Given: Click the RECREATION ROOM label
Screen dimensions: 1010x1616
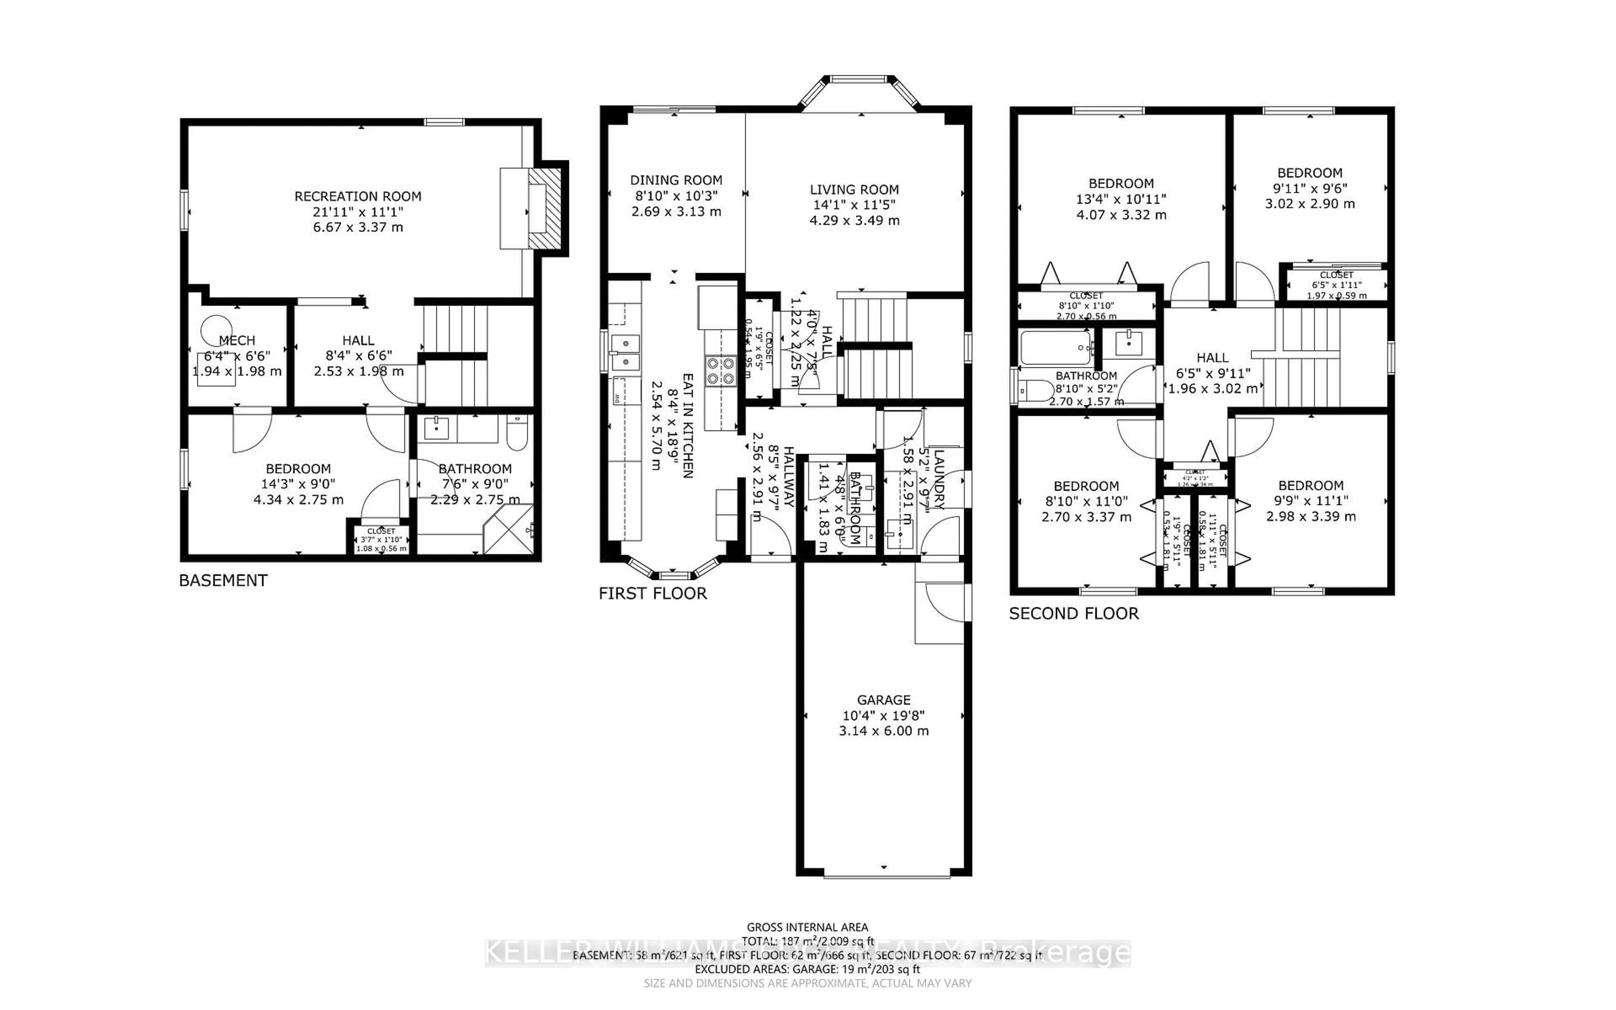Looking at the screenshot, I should pyautogui.click(x=358, y=197).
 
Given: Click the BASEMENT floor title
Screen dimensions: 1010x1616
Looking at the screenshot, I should pyautogui.click(x=223, y=580).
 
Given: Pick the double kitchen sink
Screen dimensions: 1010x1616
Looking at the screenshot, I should pyautogui.click(x=625, y=353).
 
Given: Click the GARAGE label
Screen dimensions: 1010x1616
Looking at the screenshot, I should pyautogui.click(x=883, y=700).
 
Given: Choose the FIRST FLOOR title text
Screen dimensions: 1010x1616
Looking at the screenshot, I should pyautogui.click(x=652, y=593).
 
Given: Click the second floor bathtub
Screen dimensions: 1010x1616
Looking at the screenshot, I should pyautogui.click(x=1056, y=347).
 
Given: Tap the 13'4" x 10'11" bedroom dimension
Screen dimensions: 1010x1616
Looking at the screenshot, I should pyautogui.click(x=1121, y=199).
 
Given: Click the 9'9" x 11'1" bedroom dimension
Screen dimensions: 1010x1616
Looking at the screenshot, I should pyautogui.click(x=1310, y=501).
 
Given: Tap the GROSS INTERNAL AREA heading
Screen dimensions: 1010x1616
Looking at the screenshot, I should pyautogui.click(x=807, y=927).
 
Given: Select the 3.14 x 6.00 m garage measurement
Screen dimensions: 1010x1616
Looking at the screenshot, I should pyautogui.click(x=883, y=731).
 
